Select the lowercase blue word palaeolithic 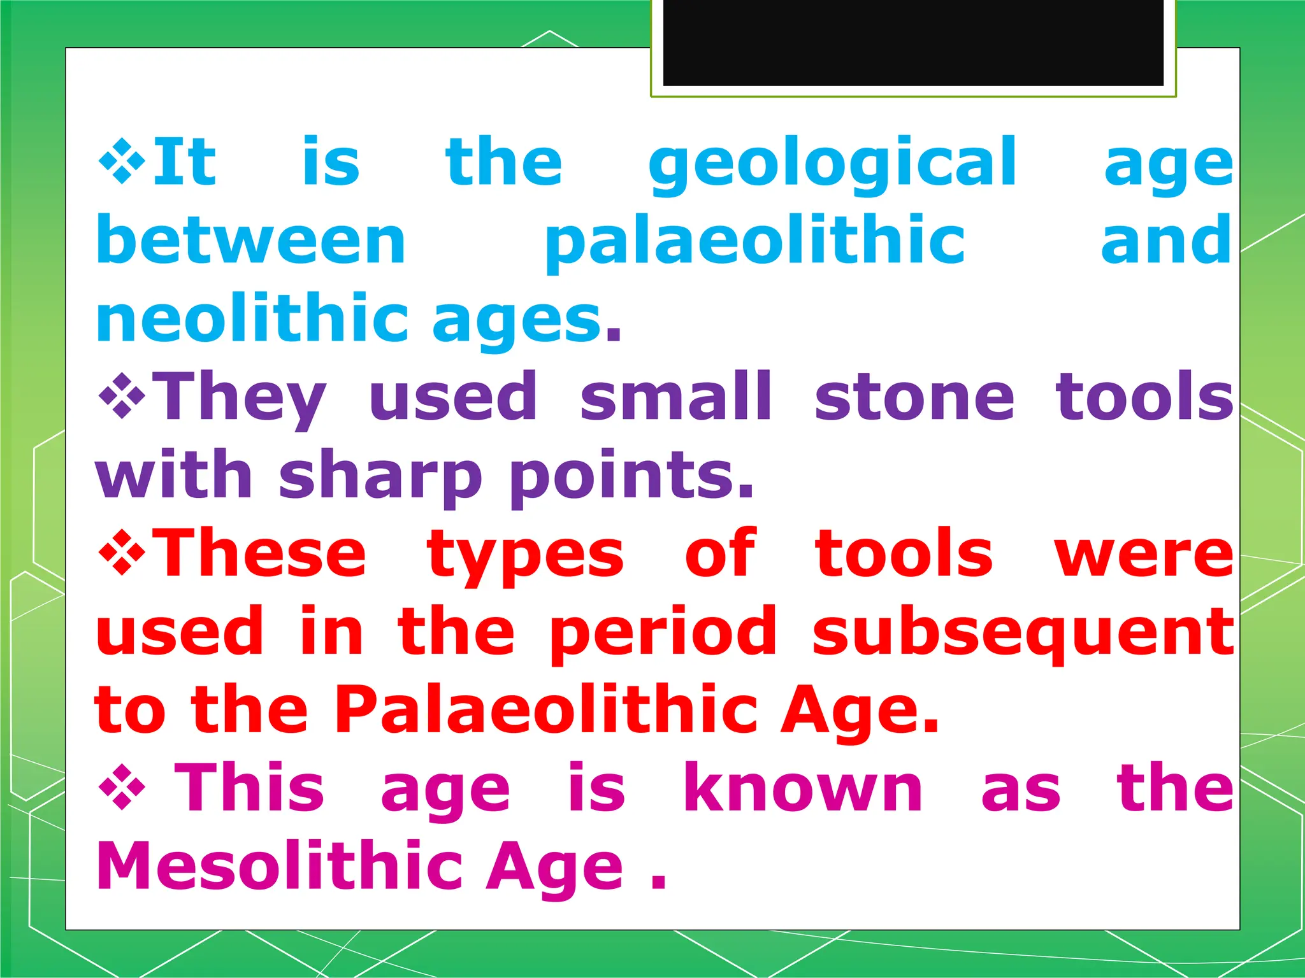754,242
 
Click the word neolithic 252,318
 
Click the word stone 914,398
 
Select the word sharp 380,476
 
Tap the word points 631,476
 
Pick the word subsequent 1023,632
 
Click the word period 663,632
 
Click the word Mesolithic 280,866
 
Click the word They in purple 239,398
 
